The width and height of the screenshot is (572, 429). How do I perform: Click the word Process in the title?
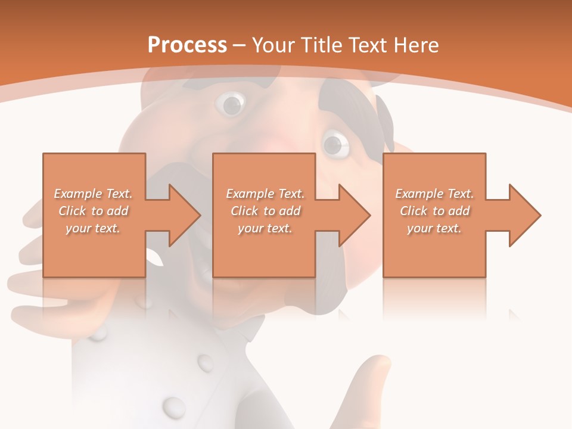tap(187, 45)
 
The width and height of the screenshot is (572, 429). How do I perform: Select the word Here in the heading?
tap(415, 45)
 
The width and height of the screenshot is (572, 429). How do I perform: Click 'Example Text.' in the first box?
tap(93, 194)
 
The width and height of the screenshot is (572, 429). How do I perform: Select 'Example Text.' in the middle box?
tap(265, 194)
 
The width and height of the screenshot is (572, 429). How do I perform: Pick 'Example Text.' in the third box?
tap(434, 194)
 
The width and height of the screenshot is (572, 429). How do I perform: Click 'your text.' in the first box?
tap(93, 228)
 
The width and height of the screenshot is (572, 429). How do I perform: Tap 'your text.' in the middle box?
tap(265, 228)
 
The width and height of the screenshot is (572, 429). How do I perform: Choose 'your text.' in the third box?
tap(434, 228)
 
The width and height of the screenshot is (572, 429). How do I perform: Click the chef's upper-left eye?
tap(231, 104)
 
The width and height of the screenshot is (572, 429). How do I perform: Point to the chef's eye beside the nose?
tap(334, 144)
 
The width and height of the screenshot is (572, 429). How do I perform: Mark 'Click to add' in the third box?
tap(434, 211)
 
